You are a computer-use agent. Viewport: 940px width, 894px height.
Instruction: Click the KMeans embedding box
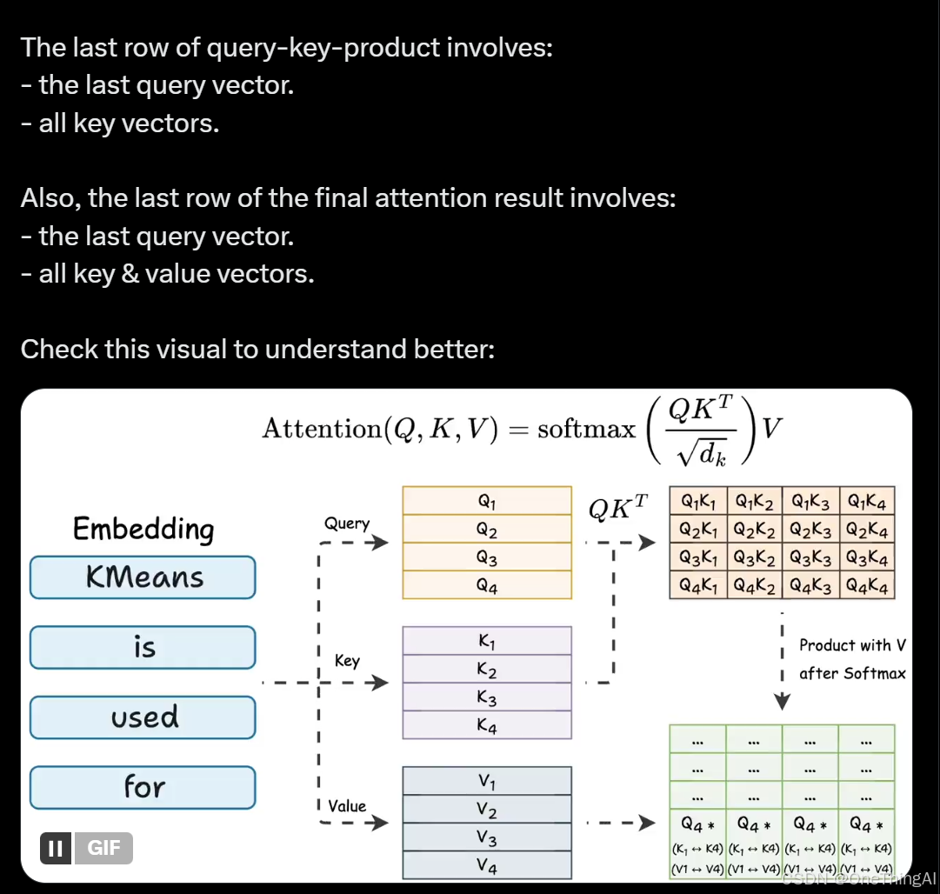pos(143,577)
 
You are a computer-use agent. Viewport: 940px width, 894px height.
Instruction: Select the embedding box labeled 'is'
pos(143,647)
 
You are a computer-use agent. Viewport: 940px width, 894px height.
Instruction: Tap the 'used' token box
pos(143,717)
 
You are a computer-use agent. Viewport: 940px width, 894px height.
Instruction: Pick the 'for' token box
pos(143,787)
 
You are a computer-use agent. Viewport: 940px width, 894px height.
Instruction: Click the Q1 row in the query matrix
pos(487,501)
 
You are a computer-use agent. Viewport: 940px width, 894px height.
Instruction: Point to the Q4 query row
pos(487,585)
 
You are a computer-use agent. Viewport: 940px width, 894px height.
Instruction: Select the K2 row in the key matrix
pos(487,670)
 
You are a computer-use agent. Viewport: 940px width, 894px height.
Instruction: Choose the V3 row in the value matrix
pos(487,838)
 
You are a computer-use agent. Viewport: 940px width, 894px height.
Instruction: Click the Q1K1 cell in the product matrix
pos(698,501)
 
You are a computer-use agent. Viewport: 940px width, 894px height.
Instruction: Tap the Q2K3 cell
pos(810,529)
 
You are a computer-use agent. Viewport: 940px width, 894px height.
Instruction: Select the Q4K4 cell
pos(867,586)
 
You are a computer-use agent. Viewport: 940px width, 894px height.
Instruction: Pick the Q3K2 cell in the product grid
pos(755,557)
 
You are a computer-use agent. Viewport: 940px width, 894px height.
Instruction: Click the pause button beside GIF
pos(56,848)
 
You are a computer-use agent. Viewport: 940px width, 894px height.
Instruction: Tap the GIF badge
pos(103,848)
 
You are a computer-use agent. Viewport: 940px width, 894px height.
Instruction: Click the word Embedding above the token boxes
pos(143,529)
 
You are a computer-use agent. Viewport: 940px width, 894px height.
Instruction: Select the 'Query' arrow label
pos(347,524)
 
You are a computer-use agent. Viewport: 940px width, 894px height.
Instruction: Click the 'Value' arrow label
pos(347,806)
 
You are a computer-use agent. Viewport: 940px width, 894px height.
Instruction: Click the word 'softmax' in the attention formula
pos(586,429)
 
